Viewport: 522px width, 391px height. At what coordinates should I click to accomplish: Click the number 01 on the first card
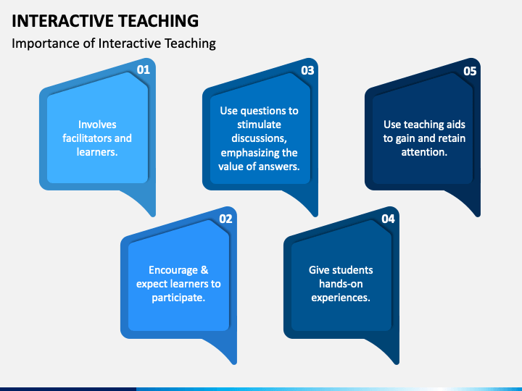144,70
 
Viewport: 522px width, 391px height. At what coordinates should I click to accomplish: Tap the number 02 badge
225,219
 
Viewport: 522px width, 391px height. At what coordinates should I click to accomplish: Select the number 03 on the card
307,70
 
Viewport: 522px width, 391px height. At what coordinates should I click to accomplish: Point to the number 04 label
388,219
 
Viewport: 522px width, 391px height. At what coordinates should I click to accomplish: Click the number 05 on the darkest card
470,71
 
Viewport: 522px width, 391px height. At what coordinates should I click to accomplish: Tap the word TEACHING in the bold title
159,20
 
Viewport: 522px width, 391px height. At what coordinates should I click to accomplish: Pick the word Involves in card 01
97,125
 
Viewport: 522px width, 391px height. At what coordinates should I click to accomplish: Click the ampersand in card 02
204,270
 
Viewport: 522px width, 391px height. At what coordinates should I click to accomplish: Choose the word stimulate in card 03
259,125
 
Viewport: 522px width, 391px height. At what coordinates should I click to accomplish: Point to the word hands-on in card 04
341,284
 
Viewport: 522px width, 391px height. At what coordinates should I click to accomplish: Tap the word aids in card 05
456,125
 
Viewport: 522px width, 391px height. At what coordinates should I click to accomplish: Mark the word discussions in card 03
259,138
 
